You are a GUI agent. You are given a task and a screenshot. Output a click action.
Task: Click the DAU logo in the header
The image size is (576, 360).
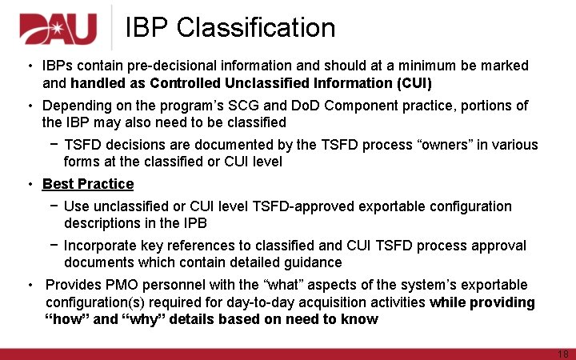point(58,30)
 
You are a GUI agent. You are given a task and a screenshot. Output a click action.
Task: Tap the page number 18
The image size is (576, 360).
point(562,354)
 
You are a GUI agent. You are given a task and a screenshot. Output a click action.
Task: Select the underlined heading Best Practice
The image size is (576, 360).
point(88,184)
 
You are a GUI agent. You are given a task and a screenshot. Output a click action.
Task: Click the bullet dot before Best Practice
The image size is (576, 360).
point(30,184)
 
